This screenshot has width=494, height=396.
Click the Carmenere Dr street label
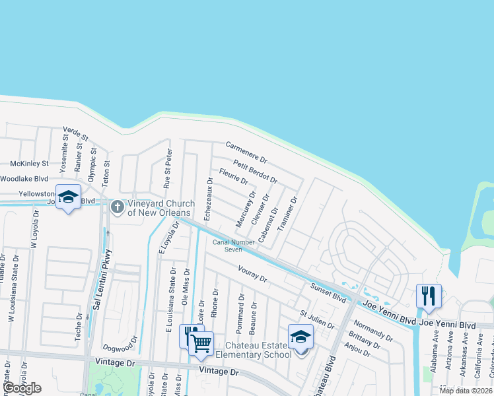tap(246, 152)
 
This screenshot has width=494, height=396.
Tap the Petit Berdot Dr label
tap(255, 170)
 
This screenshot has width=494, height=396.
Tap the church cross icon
tap(117, 208)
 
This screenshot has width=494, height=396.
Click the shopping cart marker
tap(200, 342)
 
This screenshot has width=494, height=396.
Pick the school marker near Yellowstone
tap(68, 197)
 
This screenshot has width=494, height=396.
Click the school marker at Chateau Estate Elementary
tap(300, 337)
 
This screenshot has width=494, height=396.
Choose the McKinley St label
tap(29, 163)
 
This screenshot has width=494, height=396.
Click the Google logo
tap(22, 388)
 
